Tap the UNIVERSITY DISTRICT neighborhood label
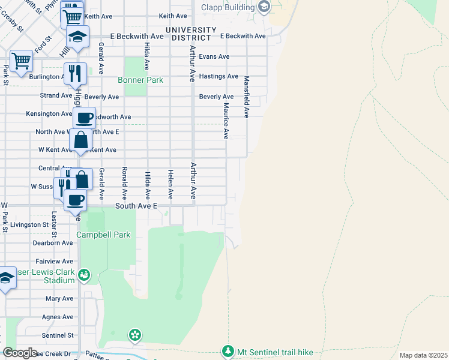click(191, 34)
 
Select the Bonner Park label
click(140, 80)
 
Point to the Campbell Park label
click(103, 235)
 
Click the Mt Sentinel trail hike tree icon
click(228, 351)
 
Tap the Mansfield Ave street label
click(246, 96)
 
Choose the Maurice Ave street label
click(226, 120)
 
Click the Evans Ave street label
click(214, 56)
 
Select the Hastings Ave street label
click(218, 76)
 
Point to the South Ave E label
click(136, 206)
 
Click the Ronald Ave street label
click(124, 183)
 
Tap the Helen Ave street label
click(170, 184)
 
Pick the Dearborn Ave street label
click(53, 243)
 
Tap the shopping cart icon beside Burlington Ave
click(21, 60)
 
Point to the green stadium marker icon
click(84, 275)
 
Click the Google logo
click(19, 353)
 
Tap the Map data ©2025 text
click(423, 355)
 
